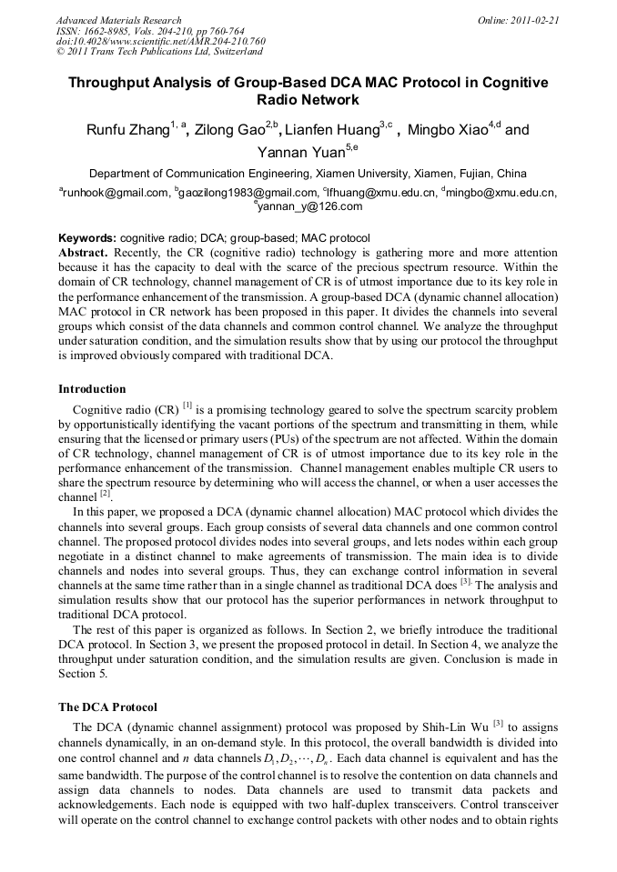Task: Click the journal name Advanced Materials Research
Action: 118,20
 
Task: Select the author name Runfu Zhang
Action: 127,130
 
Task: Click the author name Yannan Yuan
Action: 298,153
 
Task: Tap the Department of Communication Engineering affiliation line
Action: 308,174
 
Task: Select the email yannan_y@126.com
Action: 310,206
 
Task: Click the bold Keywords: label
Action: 87,238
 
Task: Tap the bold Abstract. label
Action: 85,250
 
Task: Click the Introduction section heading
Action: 92,389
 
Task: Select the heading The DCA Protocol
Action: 107,707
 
